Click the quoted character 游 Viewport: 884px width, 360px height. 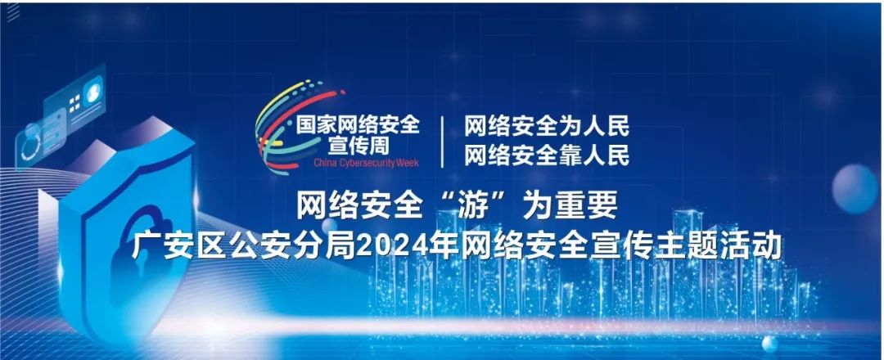pyautogui.click(x=473, y=206)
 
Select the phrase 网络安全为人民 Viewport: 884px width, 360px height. pyautogui.click(x=547, y=126)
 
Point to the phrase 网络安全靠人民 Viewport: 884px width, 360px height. pyautogui.click(x=547, y=155)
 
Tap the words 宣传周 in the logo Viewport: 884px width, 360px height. pyautogui.click(x=359, y=146)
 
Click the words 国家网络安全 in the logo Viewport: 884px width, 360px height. pyautogui.click(x=359, y=125)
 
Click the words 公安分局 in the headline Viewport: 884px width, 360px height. pyautogui.click(x=292, y=246)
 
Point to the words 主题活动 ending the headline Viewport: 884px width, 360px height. pyautogui.click(x=718, y=246)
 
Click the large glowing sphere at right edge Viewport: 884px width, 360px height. pyautogui.click(x=855, y=189)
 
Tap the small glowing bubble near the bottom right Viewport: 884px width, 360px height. pyautogui.click(x=769, y=343)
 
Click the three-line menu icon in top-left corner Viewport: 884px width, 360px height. pyautogui.click(x=12, y=12)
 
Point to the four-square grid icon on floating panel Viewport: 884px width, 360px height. pyautogui.click(x=74, y=104)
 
